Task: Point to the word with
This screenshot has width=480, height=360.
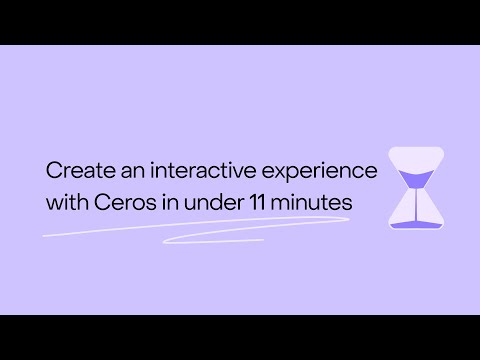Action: click(x=67, y=201)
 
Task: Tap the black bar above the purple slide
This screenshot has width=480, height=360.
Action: click(x=240, y=22)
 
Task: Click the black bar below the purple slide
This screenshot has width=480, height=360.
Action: click(x=240, y=337)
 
